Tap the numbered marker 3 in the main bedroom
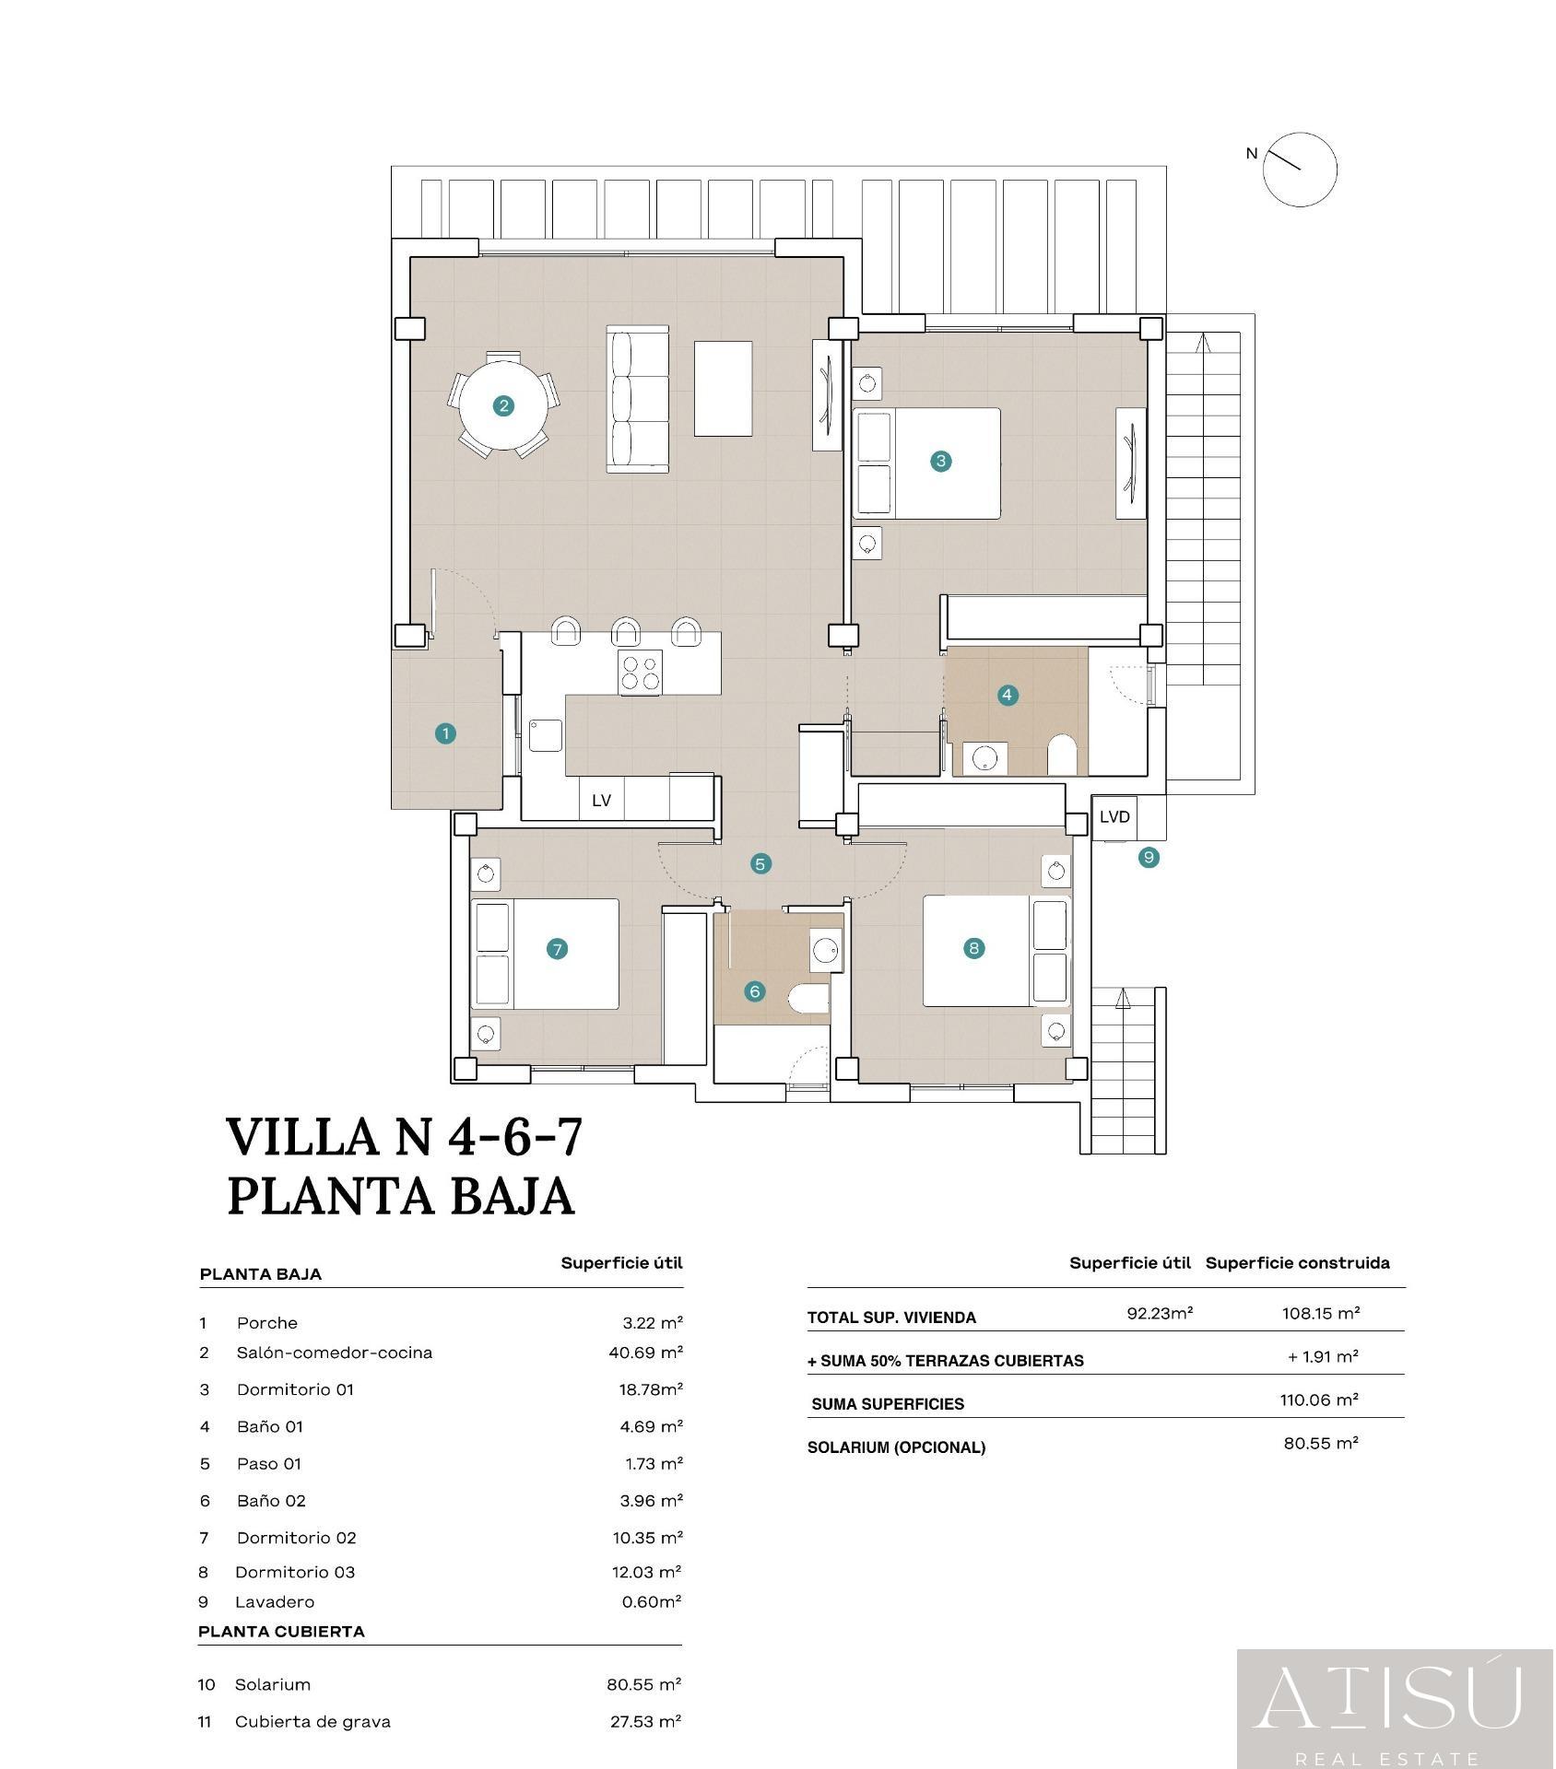[940, 461]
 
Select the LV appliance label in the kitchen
[601, 801]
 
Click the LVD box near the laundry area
[1114, 816]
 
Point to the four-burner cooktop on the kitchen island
[641, 672]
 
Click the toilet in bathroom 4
[1062, 755]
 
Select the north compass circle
[1300, 169]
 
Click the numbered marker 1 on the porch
[445, 734]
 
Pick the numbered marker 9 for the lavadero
[1149, 858]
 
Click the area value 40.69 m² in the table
[640, 1353]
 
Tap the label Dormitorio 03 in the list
[295, 1572]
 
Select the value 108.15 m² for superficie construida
[1321, 1313]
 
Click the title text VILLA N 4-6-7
[406, 1136]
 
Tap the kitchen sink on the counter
[546, 735]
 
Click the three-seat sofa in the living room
[637, 399]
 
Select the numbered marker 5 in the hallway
[760, 864]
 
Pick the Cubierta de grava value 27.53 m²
[645, 1721]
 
